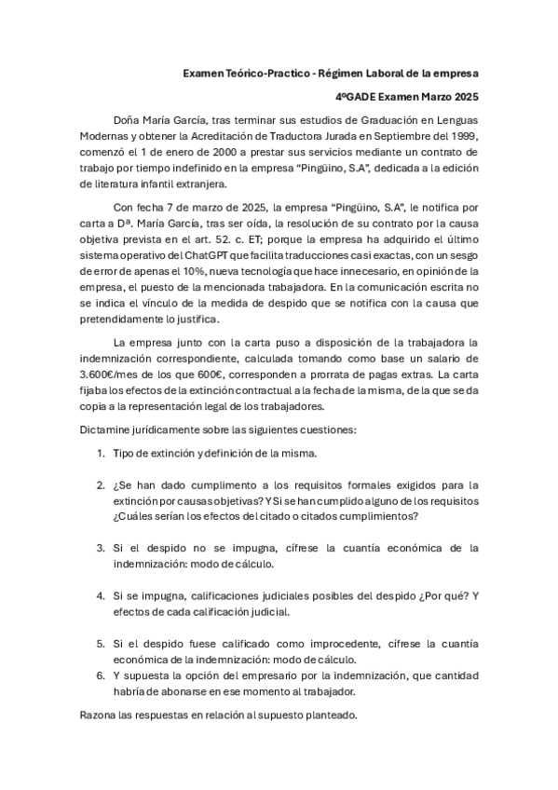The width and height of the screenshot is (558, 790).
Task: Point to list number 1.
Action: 100,454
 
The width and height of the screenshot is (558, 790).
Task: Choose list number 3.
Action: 100,548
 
